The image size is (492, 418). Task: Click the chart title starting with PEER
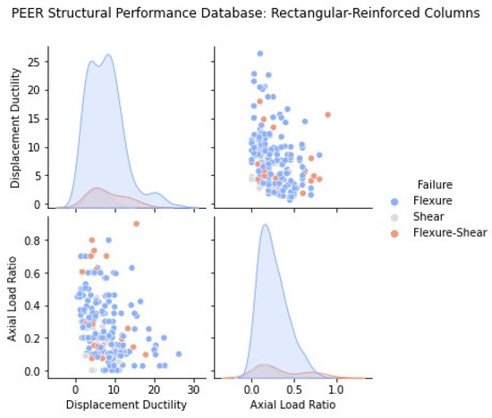246,13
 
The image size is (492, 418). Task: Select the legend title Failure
414,184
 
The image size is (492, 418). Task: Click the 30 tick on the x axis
193,389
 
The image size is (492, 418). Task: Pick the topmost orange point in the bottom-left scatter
136,223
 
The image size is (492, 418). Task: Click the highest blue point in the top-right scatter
259,54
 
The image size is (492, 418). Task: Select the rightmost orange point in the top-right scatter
327,114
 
